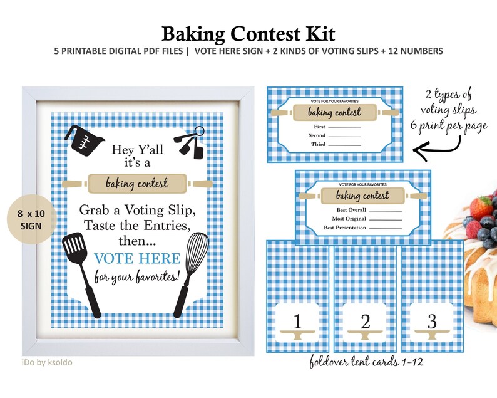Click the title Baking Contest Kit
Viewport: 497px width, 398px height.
(x=248, y=33)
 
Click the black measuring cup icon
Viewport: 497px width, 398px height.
(x=83, y=139)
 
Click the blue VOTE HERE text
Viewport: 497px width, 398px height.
(x=137, y=258)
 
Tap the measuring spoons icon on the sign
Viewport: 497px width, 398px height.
(x=191, y=143)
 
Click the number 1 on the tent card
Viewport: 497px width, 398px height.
(x=297, y=322)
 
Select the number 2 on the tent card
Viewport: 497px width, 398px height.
(x=365, y=322)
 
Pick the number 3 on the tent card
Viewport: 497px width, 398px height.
(x=432, y=322)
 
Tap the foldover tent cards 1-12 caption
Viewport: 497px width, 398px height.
(x=365, y=363)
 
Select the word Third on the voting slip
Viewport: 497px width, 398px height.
(x=318, y=144)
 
